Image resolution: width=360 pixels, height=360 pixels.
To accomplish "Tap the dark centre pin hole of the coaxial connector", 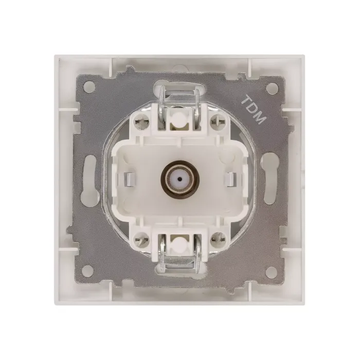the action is (x=180, y=178).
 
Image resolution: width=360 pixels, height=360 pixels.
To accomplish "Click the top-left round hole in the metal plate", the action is (x=88, y=87).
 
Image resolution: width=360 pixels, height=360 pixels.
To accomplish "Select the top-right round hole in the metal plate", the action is (x=272, y=87).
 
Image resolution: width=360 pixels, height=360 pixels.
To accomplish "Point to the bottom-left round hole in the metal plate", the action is (x=88, y=270).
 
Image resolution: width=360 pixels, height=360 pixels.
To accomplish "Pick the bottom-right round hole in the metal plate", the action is (x=272, y=270).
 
